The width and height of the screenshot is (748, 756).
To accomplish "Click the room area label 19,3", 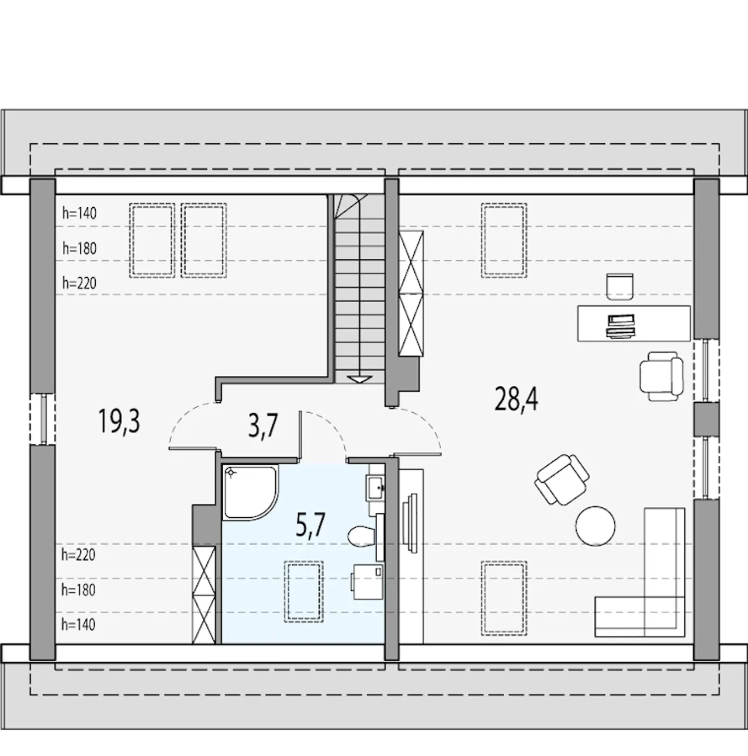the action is pos(119,421).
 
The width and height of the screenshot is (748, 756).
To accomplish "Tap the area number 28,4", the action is pos(516,398).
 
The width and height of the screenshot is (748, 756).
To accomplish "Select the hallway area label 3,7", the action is pos(263,426).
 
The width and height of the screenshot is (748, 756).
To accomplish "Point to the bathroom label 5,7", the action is pos(310,525).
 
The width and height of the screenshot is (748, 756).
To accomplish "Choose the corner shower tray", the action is pos(251,492).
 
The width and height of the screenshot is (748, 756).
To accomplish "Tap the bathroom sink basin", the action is pos(375,487).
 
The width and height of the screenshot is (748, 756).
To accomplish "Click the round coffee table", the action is pos(595,526).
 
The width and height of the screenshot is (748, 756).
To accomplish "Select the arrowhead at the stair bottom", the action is pos(359,379).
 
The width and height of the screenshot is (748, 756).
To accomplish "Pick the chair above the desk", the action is pos(620,287).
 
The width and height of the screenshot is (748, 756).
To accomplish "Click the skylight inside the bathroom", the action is pos(304,591).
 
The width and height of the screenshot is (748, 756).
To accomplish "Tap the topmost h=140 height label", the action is pos(79,214).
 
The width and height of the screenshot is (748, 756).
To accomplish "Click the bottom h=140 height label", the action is pos(78,625).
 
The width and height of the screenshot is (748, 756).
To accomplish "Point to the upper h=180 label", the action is pos(79,248).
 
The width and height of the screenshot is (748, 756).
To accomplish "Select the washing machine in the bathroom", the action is pos(368,581).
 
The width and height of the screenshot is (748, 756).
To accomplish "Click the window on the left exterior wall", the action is pos(43,419).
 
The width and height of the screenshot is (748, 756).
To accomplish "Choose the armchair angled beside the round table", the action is pos(562,480).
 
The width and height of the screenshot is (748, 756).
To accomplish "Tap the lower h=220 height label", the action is pos(78,555).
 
